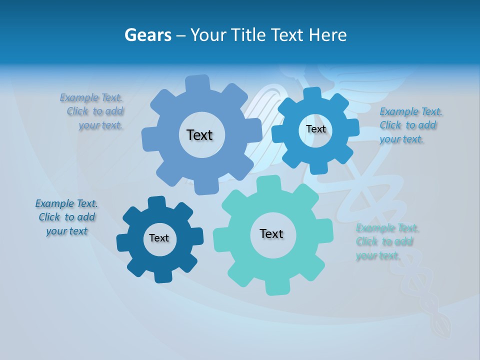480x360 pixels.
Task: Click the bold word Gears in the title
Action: pyautogui.click(x=147, y=35)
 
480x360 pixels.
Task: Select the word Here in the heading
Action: pyautogui.click(x=328, y=35)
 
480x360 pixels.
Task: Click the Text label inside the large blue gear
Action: pyautogui.click(x=199, y=135)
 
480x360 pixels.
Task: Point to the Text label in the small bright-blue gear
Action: pyautogui.click(x=315, y=129)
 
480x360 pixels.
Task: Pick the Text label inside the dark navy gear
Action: pyautogui.click(x=159, y=238)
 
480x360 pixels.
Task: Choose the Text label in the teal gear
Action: pyautogui.click(x=271, y=233)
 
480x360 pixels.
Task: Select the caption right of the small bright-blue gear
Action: pyautogui.click(x=410, y=125)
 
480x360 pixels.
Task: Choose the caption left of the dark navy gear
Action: pyautogui.click(x=66, y=217)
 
